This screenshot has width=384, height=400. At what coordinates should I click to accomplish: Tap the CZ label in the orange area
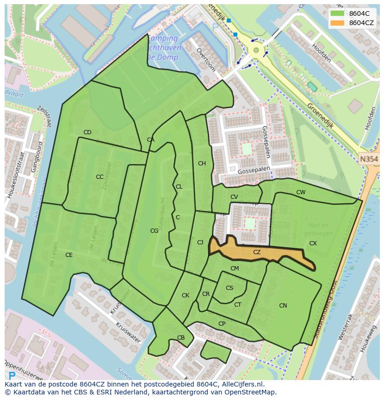tap(257, 252)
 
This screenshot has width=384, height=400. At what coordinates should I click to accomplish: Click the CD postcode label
tap(87, 132)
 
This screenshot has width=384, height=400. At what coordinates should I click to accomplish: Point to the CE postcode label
tap(69, 255)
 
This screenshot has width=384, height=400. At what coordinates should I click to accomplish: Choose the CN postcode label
tap(283, 306)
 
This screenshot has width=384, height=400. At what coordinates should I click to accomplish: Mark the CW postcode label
tap(301, 192)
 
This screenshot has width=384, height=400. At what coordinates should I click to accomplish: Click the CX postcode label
tap(313, 243)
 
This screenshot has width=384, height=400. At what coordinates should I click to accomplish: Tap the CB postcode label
tap(181, 338)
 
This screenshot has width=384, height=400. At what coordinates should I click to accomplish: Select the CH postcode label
tap(202, 164)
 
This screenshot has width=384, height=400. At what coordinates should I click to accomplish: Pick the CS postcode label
tap(230, 288)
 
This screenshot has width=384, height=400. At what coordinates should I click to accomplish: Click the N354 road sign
tap(369, 159)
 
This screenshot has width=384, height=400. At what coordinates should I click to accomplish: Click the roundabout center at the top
tap(256, 50)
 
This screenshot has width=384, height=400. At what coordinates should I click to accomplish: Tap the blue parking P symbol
tap(12, 375)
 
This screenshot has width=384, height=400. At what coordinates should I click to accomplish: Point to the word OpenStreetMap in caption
tap(250, 392)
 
